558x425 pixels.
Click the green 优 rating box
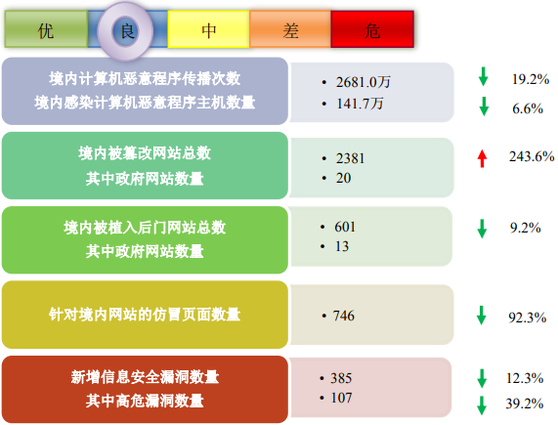pyautogui.click(x=46, y=29)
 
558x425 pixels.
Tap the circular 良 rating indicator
pyautogui.click(x=126, y=31)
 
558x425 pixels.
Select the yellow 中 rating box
pyautogui.click(x=208, y=29)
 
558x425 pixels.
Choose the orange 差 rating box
pyautogui.click(x=290, y=29)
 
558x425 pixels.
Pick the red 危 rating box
pyautogui.click(x=372, y=29)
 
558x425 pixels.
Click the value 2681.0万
pyautogui.click(x=363, y=82)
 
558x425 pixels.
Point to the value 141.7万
pyautogui.click(x=360, y=104)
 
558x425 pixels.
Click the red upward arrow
pyautogui.click(x=482, y=158)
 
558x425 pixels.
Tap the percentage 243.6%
pyautogui.click(x=532, y=156)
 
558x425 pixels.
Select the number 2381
pyautogui.click(x=350, y=158)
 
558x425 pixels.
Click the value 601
pyautogui.click(x=345, y=227)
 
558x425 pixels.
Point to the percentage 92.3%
pyautogui.click(x=527, y=318)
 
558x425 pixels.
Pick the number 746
pyautogui.click(x=343, y=316)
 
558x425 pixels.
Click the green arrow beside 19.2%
pyautogui.click(x=484, y=76)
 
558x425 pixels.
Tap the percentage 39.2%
pyautogui.click(x=525, y=404)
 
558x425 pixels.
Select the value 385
pyautogui.click(x=341, y=378)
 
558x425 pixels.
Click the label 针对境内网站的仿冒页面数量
pyautogui.click(x=145, y=315)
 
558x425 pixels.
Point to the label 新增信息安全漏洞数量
pyautogui.click(x=145, y=377)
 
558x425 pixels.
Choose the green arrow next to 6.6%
pyautogui.click(x=484, y=106)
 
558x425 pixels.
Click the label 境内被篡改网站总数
pyautogui.click(x=145, y=153)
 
